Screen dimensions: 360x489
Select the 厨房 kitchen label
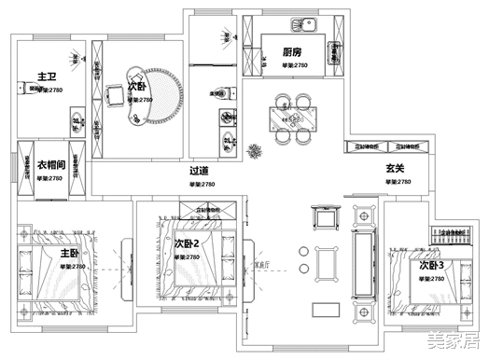tap(293, 53)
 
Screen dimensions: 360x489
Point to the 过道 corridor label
tap(198, 171)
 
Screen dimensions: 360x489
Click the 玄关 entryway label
tap(395, 169)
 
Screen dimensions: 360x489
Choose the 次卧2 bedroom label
tap(187, 242)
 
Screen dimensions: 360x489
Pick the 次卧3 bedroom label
tap(430, 266)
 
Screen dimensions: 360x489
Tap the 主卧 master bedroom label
tap(70, 253)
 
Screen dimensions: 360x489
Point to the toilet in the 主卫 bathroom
tap(21, 89)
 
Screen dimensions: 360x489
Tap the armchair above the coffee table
tap(327, 219)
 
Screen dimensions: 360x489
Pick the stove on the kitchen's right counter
tap(332, 56)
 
